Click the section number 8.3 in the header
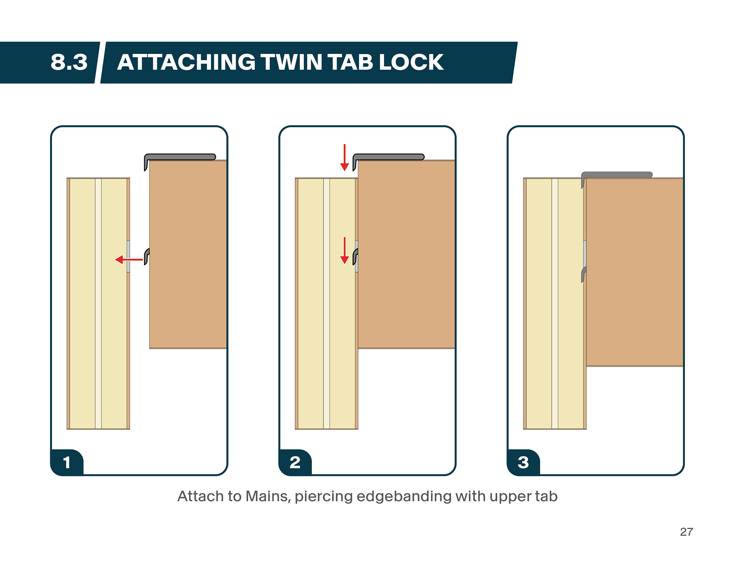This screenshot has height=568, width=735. [x=69, y=62]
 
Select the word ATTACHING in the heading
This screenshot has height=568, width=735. [x=186, y=62]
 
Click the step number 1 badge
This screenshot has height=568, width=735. [x=67, y=462]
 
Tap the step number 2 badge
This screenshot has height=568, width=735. [x=295, y=462]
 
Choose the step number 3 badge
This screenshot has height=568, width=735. [x=523, y=462]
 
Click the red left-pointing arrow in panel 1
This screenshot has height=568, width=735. [x=129, y=260]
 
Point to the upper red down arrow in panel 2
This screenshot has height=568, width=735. [x=345, y=157]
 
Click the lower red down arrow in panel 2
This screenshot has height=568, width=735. [x=345, y=251]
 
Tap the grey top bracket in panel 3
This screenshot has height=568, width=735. [x=617, y=175]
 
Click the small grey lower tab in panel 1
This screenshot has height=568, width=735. [x=147, y=256]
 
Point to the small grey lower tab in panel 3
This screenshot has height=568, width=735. [x=584, y=274]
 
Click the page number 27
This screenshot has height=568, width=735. [x=686, y=532]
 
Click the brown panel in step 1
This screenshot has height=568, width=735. [x=188, y=255]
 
